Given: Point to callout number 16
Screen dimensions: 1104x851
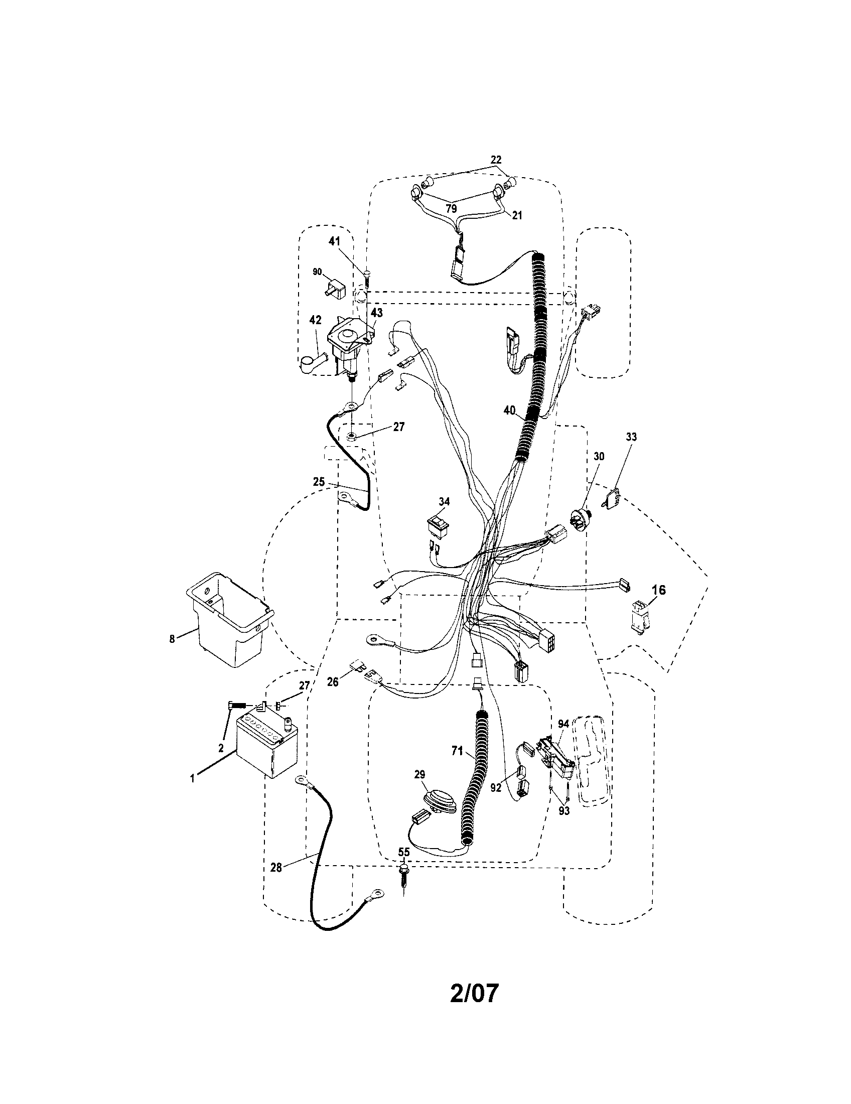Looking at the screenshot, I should pyautogui.click(x=658, y=590).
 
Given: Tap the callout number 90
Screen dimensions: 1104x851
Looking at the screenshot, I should pyautogui.click(x=317, y=272).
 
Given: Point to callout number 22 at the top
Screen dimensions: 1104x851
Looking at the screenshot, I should pyautogui.click(x=496, y=160).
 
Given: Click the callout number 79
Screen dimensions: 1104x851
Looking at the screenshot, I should pyautogui.click(x=451, y=208).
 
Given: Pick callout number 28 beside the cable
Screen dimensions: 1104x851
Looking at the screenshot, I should pyautogui.click(x=276, y=868).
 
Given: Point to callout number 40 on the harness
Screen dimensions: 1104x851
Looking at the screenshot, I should pyautogui.click(x=509, y=410).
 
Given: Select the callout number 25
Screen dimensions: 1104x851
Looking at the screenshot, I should pyautogui.click(x=318, y=482).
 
